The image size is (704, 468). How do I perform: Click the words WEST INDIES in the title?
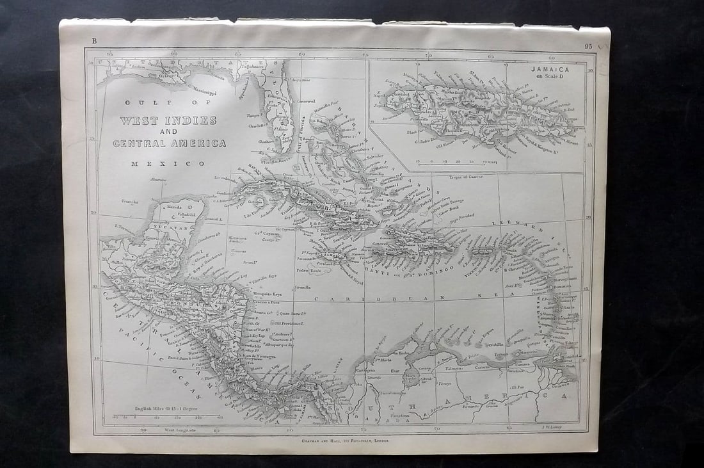tap(168, 120)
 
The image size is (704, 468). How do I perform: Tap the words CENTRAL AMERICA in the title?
tap(170, 143)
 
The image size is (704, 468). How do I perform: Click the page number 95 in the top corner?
tap(588, 46)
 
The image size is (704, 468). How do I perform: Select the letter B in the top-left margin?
tap(94, 42)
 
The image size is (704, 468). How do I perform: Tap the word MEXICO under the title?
tap(168, 164)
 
